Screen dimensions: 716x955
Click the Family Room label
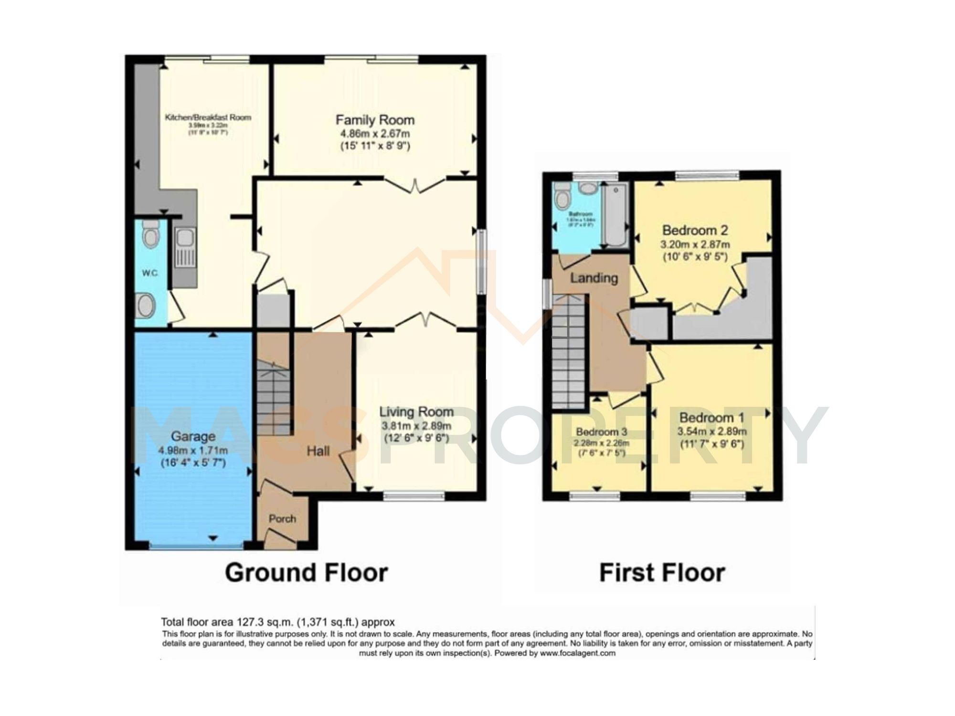[x=375, y=120]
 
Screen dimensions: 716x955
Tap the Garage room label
[x=193, y=436]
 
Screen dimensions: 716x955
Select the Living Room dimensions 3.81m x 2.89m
[x=416, y=426]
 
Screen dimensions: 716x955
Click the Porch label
[x=282, y=519]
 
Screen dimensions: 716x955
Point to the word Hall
[x=318, y=451]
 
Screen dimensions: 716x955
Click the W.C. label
[x=149, y=273]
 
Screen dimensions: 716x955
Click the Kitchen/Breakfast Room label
[x=208, y=117]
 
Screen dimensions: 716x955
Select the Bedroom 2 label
[x=695, y=231]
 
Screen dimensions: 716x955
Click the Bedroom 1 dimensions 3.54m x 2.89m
[x=711, y=432]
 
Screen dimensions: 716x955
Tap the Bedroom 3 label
[x=601, y=432]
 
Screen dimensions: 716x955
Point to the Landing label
[x=594, y=278]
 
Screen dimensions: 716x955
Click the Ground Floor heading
[x=306, y=572]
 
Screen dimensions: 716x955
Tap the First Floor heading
[x=662, y=572]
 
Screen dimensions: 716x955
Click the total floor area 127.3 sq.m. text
[x=277, y=622]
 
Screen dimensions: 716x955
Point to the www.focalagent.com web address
[x=577, y=653]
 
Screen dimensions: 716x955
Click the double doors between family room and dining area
[x=415, y=185]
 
